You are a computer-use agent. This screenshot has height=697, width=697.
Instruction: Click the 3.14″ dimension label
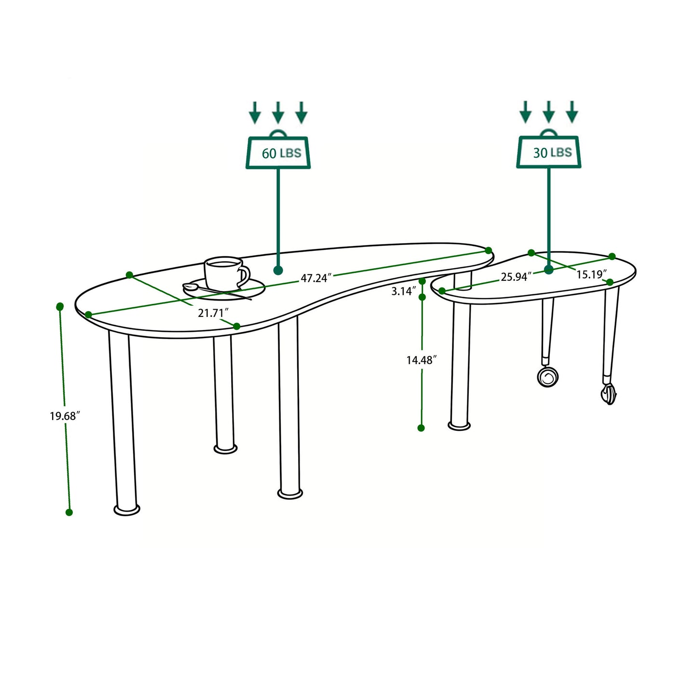403,291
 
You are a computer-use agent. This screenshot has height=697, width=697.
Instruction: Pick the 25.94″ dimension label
516,277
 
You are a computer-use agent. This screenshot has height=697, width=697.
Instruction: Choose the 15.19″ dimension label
591,274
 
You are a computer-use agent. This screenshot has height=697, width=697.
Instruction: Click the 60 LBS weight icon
278,152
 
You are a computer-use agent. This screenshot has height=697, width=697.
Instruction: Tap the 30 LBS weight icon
549,152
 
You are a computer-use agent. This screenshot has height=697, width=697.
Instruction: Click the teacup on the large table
225,273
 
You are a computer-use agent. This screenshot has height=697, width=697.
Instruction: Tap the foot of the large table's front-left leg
127,509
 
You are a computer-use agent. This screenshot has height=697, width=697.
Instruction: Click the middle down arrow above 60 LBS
278,112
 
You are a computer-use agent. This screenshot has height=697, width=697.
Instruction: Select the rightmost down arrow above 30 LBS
572,112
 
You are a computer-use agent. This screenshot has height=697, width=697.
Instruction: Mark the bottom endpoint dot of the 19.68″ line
69,512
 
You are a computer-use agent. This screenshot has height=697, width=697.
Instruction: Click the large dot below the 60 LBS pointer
278,270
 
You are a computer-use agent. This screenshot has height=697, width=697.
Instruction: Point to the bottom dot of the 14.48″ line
421,428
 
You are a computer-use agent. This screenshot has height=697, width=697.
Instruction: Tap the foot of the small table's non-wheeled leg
459,425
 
